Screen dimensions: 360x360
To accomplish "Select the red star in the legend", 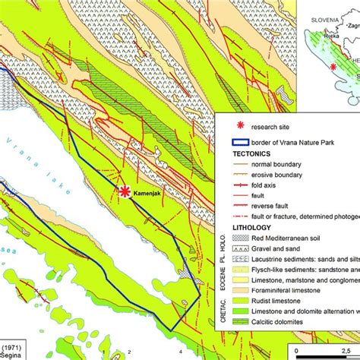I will tap(242, 126).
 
